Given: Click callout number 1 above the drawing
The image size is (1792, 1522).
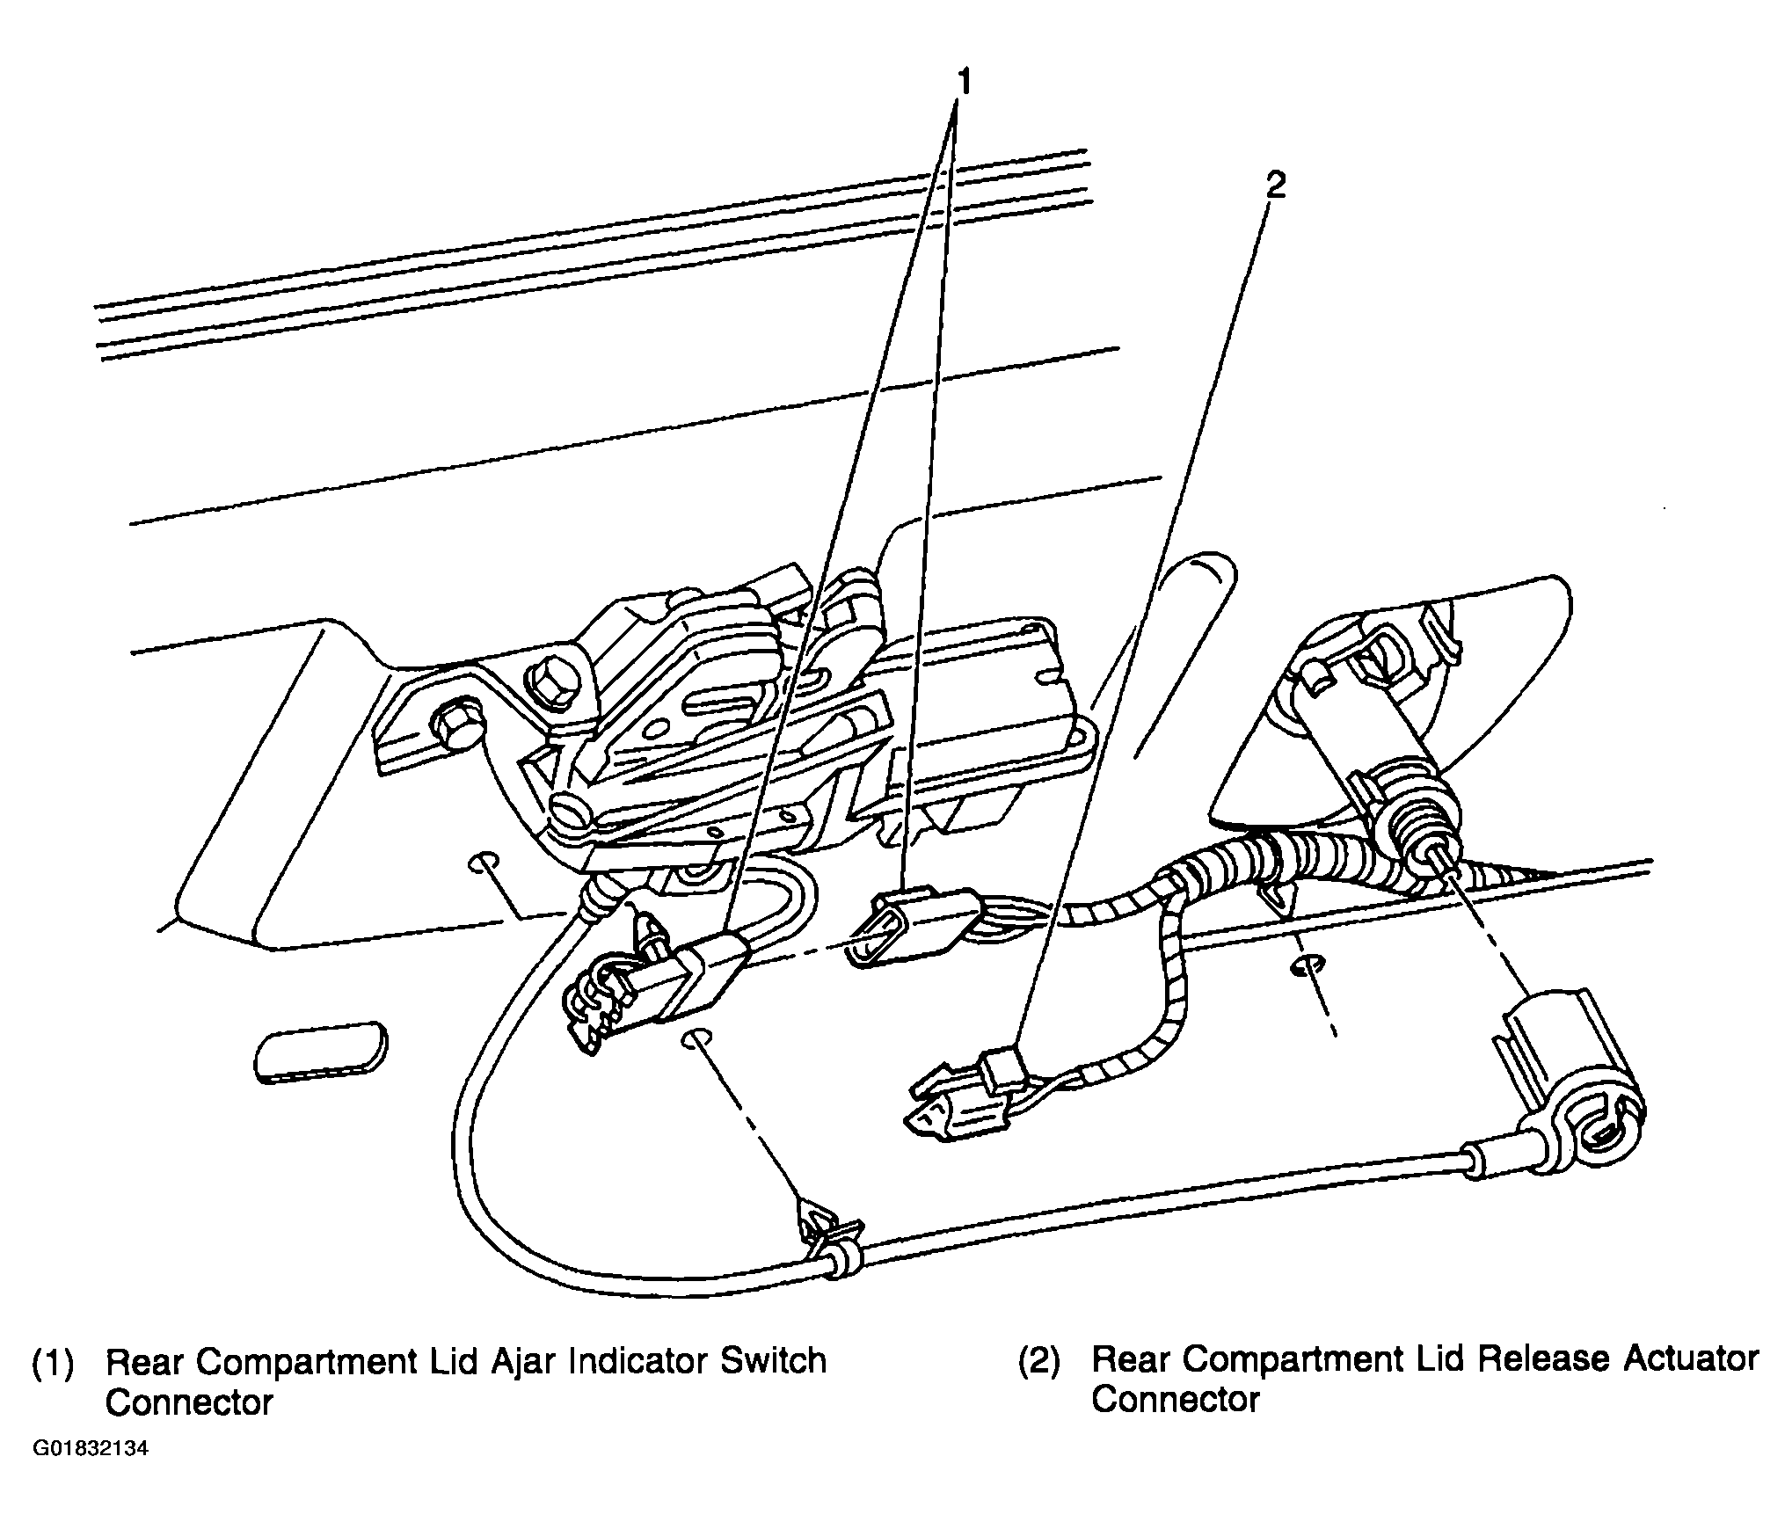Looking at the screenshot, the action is (964, 84).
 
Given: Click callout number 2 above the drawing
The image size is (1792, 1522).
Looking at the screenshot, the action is (1276, 185).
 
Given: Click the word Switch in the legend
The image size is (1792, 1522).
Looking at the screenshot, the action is (774, 1360).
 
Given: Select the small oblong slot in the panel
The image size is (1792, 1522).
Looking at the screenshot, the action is (320, 1049).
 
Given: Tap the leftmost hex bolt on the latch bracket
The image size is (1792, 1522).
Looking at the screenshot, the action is (456, 701).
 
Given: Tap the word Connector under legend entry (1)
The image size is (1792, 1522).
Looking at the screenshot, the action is (189, 1403).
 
